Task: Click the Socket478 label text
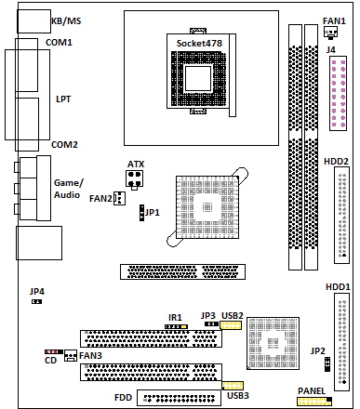coord(199,44)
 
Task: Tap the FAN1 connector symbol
coord(330,33)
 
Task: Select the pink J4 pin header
coord(338,94)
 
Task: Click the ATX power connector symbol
coord(135,179)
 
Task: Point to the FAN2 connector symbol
coord(119,198)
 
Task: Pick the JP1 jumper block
coord(141,213)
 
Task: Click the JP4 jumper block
coord(36,301)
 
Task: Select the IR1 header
coord(176,326)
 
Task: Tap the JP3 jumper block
coord(211,323)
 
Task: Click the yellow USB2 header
coord(231,325)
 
